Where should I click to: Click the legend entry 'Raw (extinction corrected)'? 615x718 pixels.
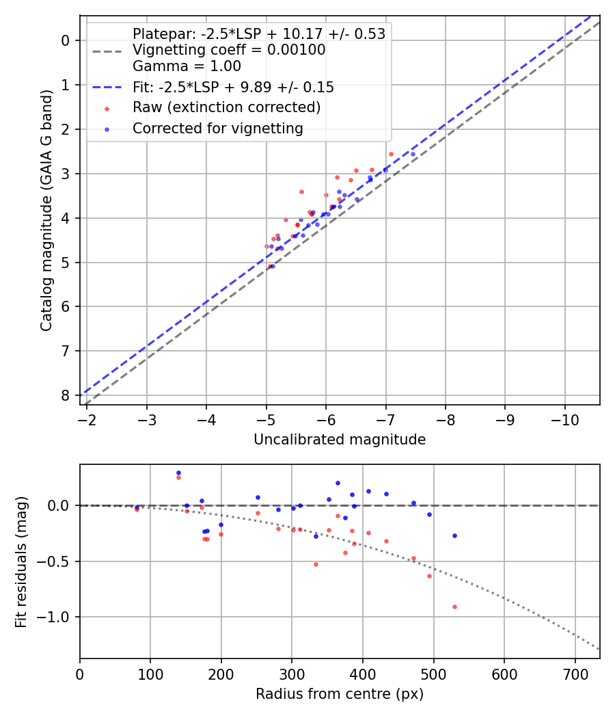tap(226, 107)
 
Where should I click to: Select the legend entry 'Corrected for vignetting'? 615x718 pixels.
tap(217, 128)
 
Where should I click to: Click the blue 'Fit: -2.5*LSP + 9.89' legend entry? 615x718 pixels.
tap(232, 87)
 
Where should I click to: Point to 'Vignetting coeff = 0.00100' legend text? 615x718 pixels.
tap(229, 50)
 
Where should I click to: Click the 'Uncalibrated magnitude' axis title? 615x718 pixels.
tap(340, 440)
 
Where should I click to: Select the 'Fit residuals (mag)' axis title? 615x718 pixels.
tap(21, 562)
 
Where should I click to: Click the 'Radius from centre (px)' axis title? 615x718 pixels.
tap(340, 694)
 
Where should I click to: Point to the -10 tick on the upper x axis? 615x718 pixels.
tap(564, 418)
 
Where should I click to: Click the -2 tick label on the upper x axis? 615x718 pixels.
tap(87, 418)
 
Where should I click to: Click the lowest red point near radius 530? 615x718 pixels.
tap(454, 607)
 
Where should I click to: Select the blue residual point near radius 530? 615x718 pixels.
tap(454, 535)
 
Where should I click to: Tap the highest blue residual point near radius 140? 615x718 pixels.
tap(178, 473)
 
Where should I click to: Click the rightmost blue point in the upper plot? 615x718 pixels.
tap(413, 154)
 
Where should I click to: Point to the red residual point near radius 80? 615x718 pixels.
tap(137, 509)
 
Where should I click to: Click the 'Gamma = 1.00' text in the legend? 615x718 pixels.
tap(187, 67)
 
